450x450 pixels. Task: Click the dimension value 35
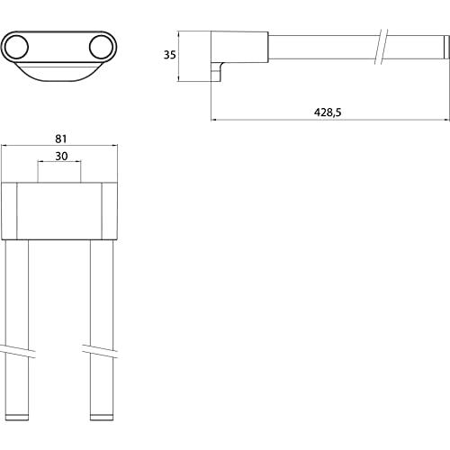point(169,55)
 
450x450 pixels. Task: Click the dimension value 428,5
point(328,112)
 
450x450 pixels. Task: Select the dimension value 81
point(61,139)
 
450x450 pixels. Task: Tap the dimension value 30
point(61,156)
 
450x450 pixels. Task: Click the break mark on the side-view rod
point(382,47)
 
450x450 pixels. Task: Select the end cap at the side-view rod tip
point(446,47)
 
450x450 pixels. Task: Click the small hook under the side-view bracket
point(217,71)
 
